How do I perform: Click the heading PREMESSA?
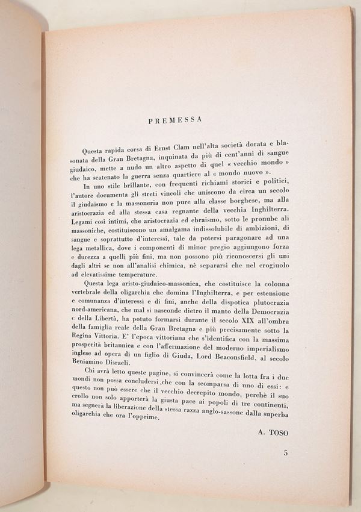174,120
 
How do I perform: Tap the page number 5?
286,452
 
